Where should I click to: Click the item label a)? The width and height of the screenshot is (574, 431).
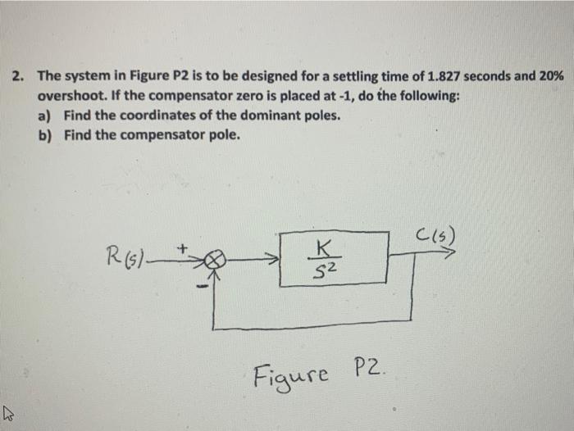(47, 116)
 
